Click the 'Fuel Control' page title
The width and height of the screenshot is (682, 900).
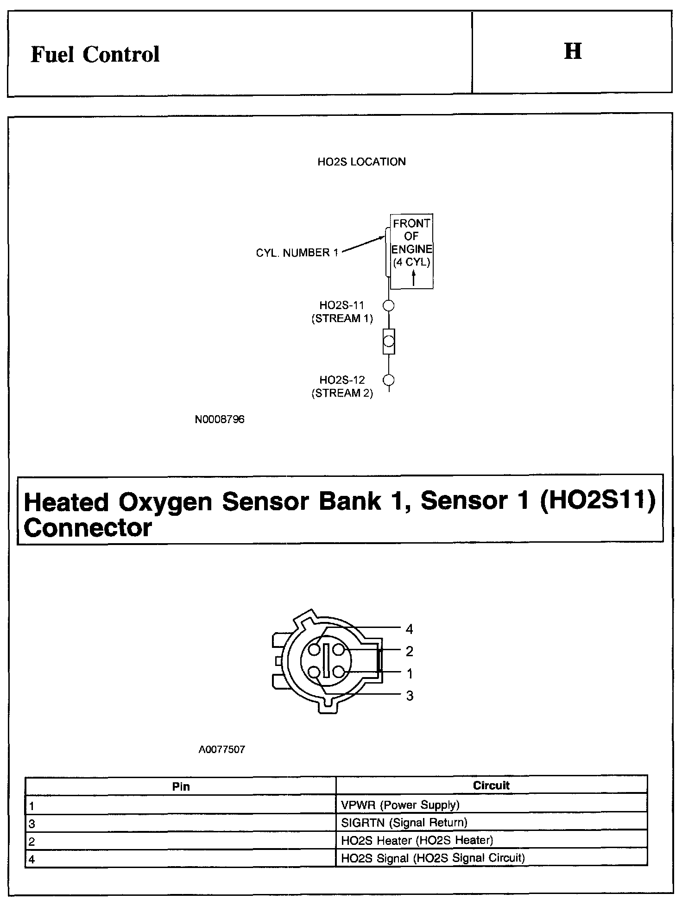[95, 54]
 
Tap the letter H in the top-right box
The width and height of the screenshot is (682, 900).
[573, 51]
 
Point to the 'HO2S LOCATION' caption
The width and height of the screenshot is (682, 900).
[361, 162]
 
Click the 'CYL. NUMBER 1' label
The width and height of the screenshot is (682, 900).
[297, 253]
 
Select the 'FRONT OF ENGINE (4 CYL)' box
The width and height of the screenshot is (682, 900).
[411, 252]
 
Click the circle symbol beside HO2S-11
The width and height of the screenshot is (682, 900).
[389, 306]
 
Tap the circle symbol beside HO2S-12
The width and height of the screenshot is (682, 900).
[389, 380]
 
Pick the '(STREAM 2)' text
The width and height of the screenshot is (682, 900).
[342, 393]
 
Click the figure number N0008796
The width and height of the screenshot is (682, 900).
[220, 419]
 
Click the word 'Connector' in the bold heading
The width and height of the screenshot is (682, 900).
[88, 528]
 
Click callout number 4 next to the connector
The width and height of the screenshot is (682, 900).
[409, 629]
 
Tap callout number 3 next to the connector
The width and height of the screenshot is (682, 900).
[410, 696]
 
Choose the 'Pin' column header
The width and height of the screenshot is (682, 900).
[181, 786]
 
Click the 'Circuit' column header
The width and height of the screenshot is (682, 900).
[491, 786]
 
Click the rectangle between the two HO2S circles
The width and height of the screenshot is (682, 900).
[389, 342]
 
